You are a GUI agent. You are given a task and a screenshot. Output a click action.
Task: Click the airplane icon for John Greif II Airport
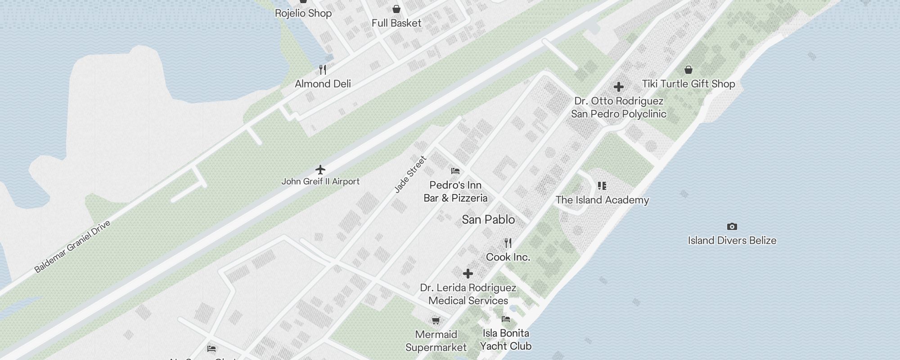tap(320, 170)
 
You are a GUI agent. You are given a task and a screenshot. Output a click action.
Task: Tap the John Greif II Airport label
tap(320, 182)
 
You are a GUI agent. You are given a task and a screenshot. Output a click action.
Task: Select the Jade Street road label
tap(410, 175)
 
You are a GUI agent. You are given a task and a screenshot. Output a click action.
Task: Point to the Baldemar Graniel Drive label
tap(72, 247)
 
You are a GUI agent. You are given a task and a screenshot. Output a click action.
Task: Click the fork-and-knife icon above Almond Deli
tap(323, 70)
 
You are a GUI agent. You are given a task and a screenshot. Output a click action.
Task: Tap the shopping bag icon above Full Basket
tap(396, 9)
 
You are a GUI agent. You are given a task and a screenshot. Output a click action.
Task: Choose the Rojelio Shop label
tap(303, 13)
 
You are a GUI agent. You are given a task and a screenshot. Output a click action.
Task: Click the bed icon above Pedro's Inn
tap(455, 171)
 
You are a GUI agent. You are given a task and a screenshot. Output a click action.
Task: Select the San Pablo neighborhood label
tap(488, 220)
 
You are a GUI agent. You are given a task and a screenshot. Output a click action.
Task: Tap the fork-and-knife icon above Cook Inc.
tap(508, 243)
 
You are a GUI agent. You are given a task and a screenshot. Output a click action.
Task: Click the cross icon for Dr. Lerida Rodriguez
tap(468, 273)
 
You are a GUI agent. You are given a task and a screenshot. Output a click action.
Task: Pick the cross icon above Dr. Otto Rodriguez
tap(619, 86)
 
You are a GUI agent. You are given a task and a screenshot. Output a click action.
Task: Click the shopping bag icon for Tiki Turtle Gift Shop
tap(688, 70)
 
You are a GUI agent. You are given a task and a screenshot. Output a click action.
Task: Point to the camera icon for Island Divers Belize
tap(732, 226)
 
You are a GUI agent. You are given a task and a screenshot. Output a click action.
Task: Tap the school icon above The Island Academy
tap(602, 186)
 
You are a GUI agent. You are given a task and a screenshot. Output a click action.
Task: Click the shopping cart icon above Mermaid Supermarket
tap(436, 320)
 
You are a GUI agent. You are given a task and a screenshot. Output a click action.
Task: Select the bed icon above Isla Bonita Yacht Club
tap(506, 319)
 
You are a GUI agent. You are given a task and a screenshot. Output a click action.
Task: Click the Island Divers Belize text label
tap(732, 241)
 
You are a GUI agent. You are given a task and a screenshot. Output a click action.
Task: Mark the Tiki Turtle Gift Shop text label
tap(688, 84)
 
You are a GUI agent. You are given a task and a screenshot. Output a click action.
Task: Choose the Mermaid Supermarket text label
tap(436, 341)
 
